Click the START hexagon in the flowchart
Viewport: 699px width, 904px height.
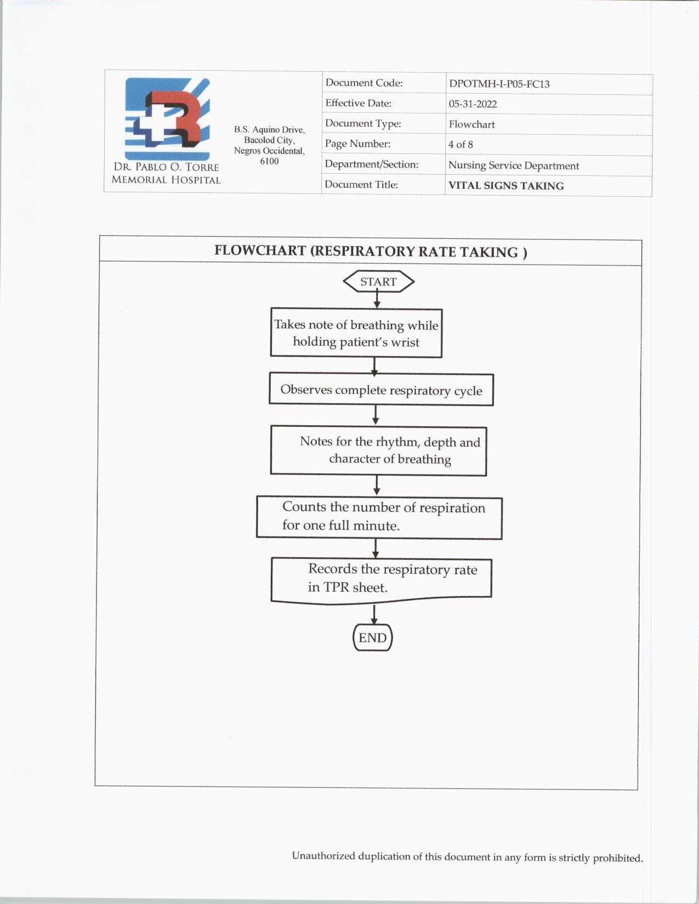coord(378,282)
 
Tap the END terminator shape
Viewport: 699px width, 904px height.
coord(373,638)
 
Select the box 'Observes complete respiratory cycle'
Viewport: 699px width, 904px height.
coord(381,390)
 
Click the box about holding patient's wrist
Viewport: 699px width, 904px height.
coord(356,333)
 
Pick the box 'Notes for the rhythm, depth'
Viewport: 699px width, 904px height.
coord(378,450)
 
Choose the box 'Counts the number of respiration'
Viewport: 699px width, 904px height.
coord(379,517)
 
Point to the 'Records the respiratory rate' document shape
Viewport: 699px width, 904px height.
coord(382,579)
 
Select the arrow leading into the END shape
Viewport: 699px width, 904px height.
coord(374,614)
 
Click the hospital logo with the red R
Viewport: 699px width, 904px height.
coord(168,118)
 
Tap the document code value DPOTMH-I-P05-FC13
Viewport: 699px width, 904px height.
coord(499,84)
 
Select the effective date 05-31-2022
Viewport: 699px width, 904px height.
coord(473,104)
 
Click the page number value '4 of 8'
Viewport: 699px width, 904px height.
coord(461,145)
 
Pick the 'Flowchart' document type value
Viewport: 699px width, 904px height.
coord(471,124)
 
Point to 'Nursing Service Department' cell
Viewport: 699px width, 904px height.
coord(514,165)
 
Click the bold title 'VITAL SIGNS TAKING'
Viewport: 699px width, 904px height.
coord(506,186)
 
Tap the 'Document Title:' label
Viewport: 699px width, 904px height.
coord(361,185)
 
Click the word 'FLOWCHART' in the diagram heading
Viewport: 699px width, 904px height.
coord(260,251)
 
